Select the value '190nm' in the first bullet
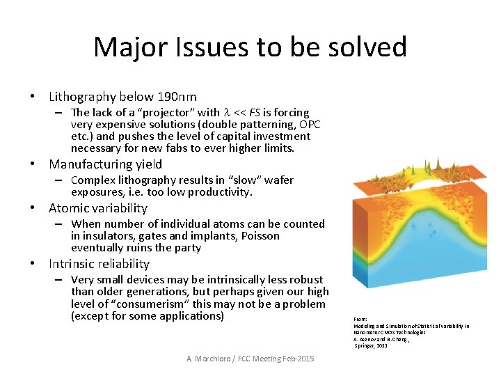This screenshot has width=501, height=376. coord(177,97)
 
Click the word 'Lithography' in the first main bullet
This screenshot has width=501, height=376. coord(83,97)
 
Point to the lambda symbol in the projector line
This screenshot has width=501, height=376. coord(225,113)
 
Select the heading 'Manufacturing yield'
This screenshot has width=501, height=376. coord(105,164)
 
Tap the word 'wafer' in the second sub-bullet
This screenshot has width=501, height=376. coord(278,180)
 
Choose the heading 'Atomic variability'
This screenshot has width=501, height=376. coord(98,208)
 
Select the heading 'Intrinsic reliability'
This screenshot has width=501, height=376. coord(99,264)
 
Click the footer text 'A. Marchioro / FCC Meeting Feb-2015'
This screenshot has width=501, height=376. coord(250,358)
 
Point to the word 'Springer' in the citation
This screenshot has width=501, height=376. coord(366,345)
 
